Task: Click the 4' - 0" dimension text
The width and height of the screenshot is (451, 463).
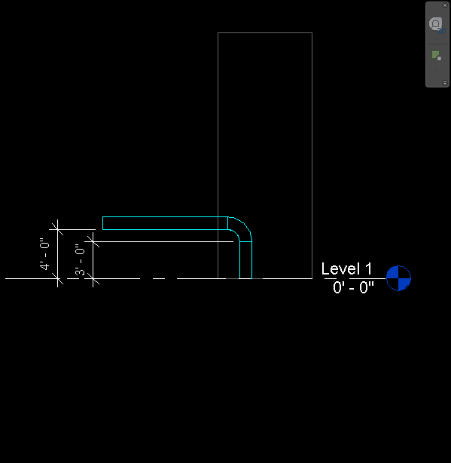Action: [44, 253]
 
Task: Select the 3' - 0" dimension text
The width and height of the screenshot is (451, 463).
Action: [80, 259]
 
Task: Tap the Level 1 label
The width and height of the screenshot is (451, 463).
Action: [346, 268]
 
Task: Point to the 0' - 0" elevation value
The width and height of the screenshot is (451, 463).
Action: [353, 287]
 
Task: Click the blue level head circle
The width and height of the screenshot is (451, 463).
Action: [398, 278]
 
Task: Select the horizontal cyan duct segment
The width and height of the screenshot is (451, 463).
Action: [165, 223]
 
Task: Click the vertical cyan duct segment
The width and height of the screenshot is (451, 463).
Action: [246, 260]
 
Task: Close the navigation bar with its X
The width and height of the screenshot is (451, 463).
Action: [445, 5]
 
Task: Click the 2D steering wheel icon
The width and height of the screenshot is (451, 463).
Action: [437, 25]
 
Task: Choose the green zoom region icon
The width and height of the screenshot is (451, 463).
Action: [437, 56]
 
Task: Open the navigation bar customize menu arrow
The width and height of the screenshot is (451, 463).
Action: [445, 83]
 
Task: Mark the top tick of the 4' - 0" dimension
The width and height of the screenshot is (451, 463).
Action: [57, 229]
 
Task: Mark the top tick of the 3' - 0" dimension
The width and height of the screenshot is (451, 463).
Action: [93, 241]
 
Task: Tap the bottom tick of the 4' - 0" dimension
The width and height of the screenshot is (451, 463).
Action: [57, 278]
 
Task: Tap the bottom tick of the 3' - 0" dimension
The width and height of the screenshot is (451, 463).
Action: [93, 278]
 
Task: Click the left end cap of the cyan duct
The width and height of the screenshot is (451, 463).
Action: [102, 223]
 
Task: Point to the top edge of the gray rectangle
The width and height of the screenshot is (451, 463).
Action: [265, 32]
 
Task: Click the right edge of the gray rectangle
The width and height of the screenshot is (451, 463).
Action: [312, 155]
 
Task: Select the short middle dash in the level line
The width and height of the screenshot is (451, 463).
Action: [159, 278]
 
